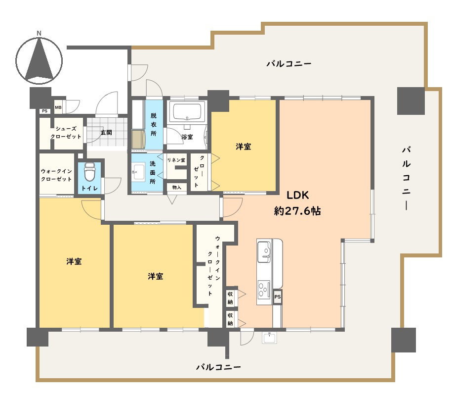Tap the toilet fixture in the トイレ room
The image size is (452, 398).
(89, 172)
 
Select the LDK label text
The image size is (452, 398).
(297, 195)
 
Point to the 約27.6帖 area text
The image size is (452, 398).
(297, 211)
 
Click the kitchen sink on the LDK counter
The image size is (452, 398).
(264, 251)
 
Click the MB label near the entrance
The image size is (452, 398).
(58, 107)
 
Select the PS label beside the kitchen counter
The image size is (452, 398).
(278, 297)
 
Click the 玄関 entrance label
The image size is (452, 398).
(106, 133)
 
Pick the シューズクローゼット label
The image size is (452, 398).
(66, 133)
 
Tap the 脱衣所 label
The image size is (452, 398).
(154, 124)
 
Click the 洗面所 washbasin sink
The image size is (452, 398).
(139, 172)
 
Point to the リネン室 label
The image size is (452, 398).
(176, 160)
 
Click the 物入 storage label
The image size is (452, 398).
(177, 188)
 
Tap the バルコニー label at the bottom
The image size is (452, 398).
(218, 367)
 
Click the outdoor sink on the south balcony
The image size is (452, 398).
(270, 338)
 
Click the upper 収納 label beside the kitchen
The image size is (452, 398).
(230, 298)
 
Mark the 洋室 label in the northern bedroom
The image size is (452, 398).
(244, 147)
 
